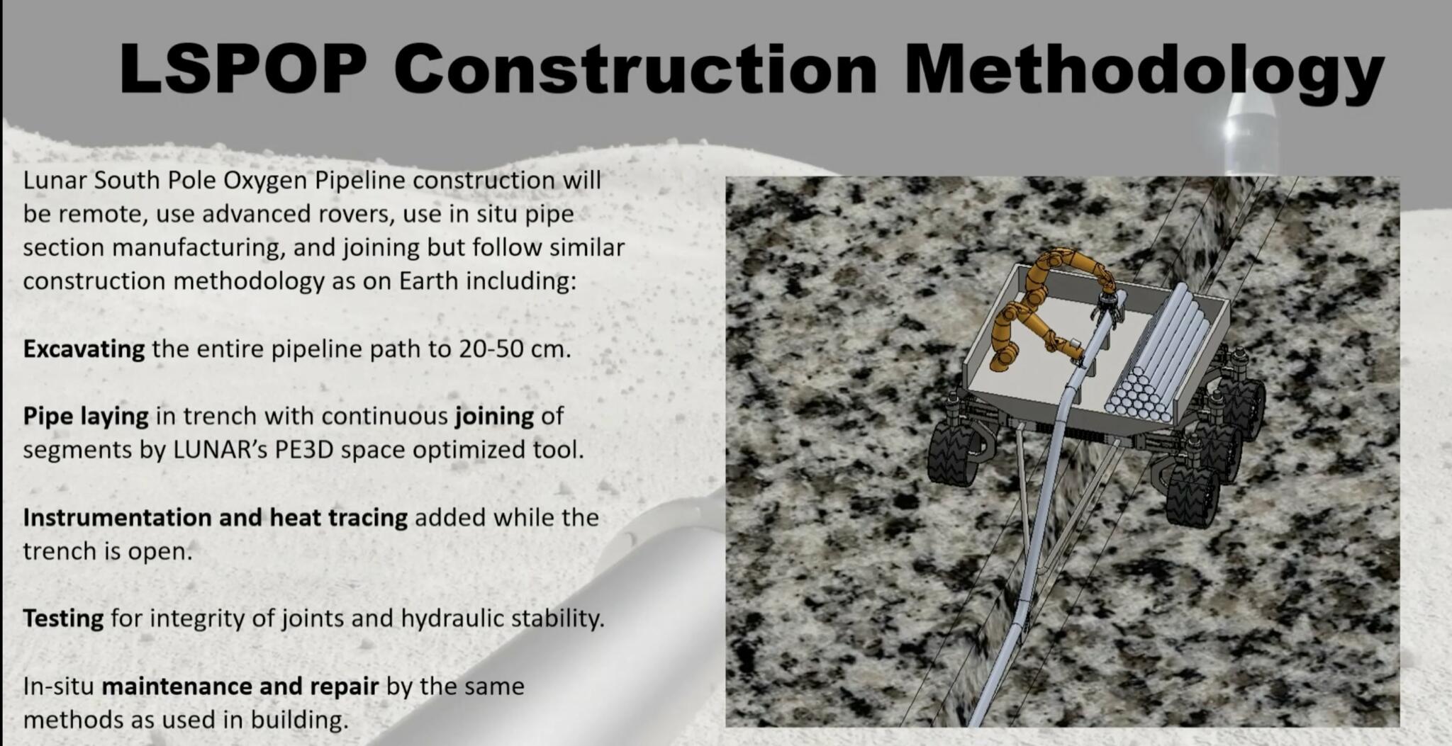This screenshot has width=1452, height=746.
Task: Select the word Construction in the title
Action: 635,69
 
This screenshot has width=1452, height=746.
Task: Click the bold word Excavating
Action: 84,349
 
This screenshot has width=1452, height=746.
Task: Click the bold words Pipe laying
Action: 86,416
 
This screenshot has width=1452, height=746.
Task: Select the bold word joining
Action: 494,416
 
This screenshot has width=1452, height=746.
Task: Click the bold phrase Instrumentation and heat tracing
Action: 215,517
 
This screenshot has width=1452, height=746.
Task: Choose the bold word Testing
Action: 63,618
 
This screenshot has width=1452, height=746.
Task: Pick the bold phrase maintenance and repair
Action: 240,686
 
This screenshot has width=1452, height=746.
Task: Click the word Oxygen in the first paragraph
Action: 265,181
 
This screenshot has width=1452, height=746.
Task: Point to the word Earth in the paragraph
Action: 428,281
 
